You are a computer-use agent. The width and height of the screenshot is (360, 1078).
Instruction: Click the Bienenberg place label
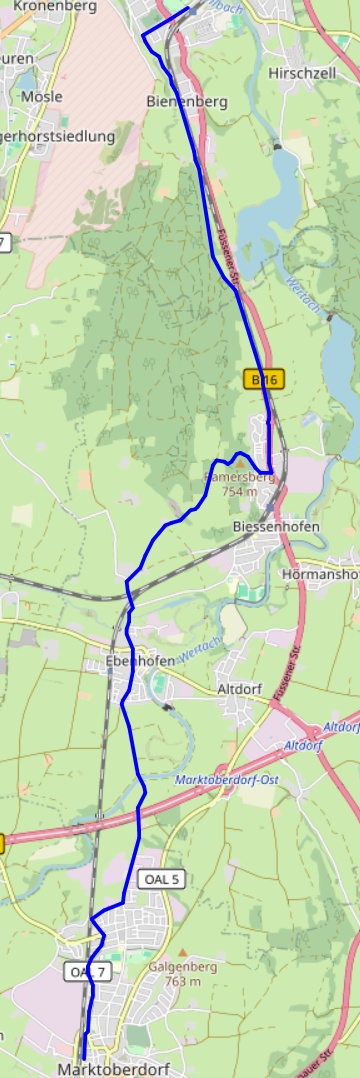(186, 101)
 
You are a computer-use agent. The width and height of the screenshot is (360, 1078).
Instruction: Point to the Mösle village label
(41, 96)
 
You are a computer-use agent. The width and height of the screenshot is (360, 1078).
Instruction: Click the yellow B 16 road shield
(265, 379)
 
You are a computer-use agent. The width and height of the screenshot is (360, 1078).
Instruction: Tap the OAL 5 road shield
(161, 879)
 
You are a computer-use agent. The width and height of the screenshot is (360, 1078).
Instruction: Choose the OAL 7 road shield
(88, 971)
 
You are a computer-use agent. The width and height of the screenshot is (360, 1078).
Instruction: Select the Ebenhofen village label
(139, 661)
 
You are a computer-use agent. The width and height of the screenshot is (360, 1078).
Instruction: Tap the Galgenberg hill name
(180, 967)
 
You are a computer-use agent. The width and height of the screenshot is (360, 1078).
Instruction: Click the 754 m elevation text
(239, 491)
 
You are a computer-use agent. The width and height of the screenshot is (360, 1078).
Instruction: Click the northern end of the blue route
(188, 9)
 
